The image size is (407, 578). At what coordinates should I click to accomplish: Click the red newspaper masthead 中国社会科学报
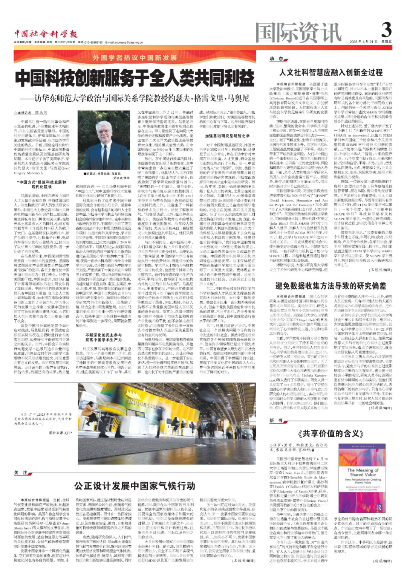click(46, 35)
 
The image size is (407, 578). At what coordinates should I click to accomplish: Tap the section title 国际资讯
click(298, 33)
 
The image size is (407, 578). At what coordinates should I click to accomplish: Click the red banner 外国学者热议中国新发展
click(135, 58)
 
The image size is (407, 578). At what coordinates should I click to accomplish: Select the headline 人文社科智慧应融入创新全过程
click(330, 72)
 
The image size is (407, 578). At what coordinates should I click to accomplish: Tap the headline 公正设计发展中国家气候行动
click(135, 485)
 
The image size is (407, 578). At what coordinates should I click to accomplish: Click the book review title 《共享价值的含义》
click(330, 433)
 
